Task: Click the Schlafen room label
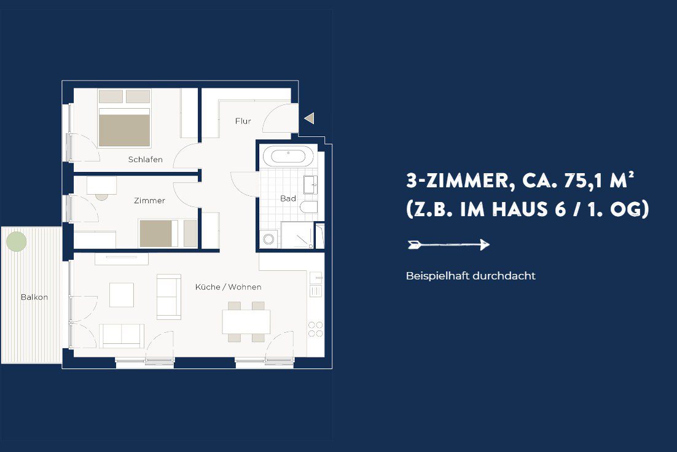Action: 146,159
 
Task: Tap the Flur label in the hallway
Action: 243,121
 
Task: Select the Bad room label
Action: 288,198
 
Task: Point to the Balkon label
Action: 34,297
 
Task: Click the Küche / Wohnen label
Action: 228,287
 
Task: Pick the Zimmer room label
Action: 149,200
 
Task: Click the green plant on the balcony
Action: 17,241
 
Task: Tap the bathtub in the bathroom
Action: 288,156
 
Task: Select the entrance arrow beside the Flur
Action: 309,118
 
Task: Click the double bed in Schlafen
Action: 124,119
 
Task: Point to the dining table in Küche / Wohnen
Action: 246,322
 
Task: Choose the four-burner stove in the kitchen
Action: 316,329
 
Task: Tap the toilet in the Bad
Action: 309,207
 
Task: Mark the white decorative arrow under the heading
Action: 448,245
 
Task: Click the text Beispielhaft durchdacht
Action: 471,276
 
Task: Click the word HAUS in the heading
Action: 521,209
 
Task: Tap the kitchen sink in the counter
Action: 316,278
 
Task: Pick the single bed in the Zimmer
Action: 168,233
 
